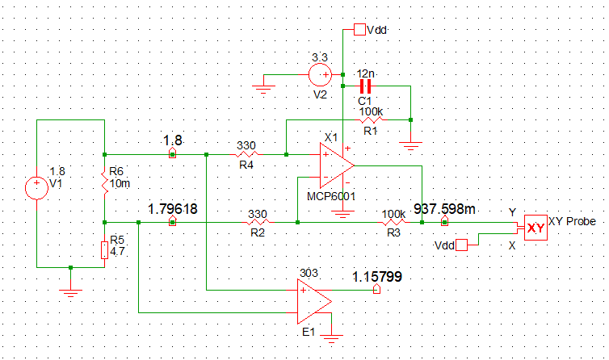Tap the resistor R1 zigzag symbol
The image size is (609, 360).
click(x=371, y=119)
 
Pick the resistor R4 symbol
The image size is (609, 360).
click(x=246, y=153)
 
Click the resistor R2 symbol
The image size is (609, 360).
click(x=257, y=221)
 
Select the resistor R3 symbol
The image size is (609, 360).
click(x=393, y=221)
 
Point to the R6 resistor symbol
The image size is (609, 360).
click(x=104, y=184)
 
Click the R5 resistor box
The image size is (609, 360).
click(x=104, y=250)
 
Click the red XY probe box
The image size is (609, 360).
click(x=535, y=228)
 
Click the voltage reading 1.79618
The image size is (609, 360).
click(x=173, y=208)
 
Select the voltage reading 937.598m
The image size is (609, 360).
click(x=444, y=208)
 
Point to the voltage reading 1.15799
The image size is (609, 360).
click(x=377, y=277)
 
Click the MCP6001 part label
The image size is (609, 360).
click(x=331, y=195)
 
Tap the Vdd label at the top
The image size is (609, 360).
click(x=377, y=30)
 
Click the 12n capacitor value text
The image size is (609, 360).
click(x=366, y=73)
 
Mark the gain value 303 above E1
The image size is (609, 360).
click(x=309, y=273)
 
